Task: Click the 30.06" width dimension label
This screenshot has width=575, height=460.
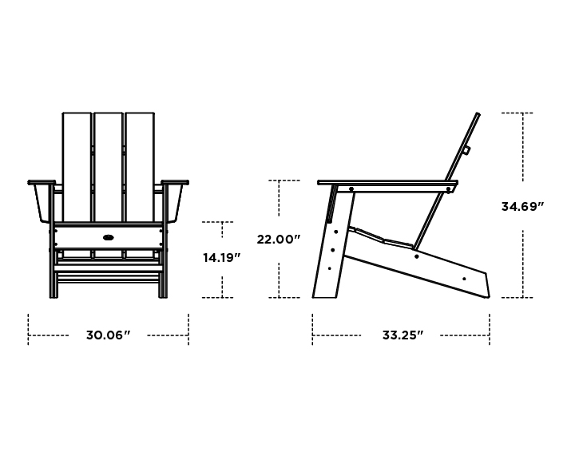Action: point(108,335)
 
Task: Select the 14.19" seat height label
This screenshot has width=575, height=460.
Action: point(221,258)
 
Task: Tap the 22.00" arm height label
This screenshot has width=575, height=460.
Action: point(278,239)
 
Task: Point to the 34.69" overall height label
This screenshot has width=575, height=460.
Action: point(522,206)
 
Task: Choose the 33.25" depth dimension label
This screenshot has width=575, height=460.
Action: point(402,335)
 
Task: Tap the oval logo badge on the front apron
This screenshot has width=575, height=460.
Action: point(108,236)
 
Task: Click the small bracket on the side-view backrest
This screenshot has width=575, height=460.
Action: point(466,149)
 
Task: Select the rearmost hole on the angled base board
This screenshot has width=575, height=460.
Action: point(465,279)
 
